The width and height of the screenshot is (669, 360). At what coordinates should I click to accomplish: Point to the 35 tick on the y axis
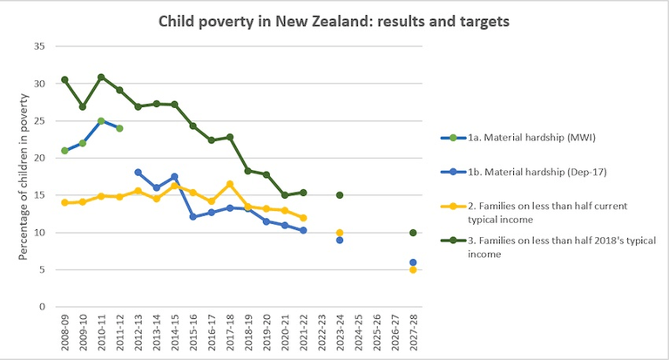[x=40, y=45]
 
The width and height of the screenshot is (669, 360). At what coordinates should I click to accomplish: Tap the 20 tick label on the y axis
[x=40, y=158]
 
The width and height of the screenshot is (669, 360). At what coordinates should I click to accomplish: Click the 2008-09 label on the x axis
[x=65, y=333]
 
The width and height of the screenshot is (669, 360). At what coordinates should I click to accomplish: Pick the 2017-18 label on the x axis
[x=230, y=333]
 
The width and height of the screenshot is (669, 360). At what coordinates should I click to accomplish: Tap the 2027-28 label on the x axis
[x=413, y=333]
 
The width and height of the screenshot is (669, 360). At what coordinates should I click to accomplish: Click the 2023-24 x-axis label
[x=340, y=333]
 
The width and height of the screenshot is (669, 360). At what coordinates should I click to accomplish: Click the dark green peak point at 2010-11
[x=101, y=77]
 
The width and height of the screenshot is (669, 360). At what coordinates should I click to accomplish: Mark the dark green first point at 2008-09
[x=64, y=79]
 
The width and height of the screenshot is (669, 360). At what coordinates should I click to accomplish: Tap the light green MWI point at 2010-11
[x=101, y=121]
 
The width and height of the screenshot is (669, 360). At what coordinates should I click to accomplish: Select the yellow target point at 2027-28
[x=413, y=269]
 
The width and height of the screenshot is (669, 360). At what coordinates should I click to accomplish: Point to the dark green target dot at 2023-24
[x=340, y=195]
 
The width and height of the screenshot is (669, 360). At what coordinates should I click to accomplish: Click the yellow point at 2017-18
[x=230, y=184]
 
